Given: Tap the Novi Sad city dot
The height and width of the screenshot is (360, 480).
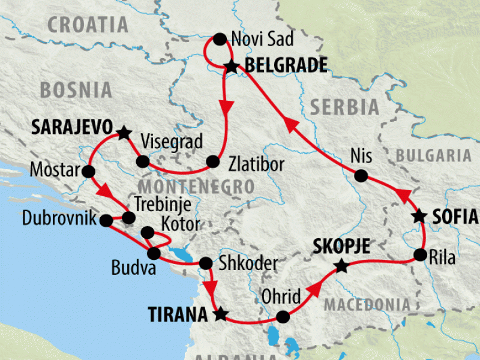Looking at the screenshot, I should tap(220, 40).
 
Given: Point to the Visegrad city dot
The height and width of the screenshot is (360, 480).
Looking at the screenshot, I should tap(143, 161).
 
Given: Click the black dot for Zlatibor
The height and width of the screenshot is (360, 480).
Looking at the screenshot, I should tap(212, 161).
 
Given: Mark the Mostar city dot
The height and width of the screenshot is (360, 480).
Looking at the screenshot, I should tap(89, 172).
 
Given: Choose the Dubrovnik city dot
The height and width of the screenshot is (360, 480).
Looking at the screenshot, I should tap(106, 220).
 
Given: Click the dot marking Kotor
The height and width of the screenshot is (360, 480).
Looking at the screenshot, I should tap(147, 232).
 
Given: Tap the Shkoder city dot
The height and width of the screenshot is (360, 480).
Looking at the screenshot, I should tap(205, 263).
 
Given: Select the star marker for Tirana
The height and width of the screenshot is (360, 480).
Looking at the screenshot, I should tap(221, 313).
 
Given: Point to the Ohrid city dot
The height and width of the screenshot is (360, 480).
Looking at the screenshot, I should tap(283, 316).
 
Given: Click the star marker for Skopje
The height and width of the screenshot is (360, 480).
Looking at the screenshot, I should tap(341, 265).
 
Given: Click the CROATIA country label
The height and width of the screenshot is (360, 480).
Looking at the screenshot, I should tap(88, 25).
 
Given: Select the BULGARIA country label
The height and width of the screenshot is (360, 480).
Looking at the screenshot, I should tap(434, 156).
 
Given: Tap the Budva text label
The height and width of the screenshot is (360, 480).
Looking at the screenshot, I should tap(134, 268).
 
